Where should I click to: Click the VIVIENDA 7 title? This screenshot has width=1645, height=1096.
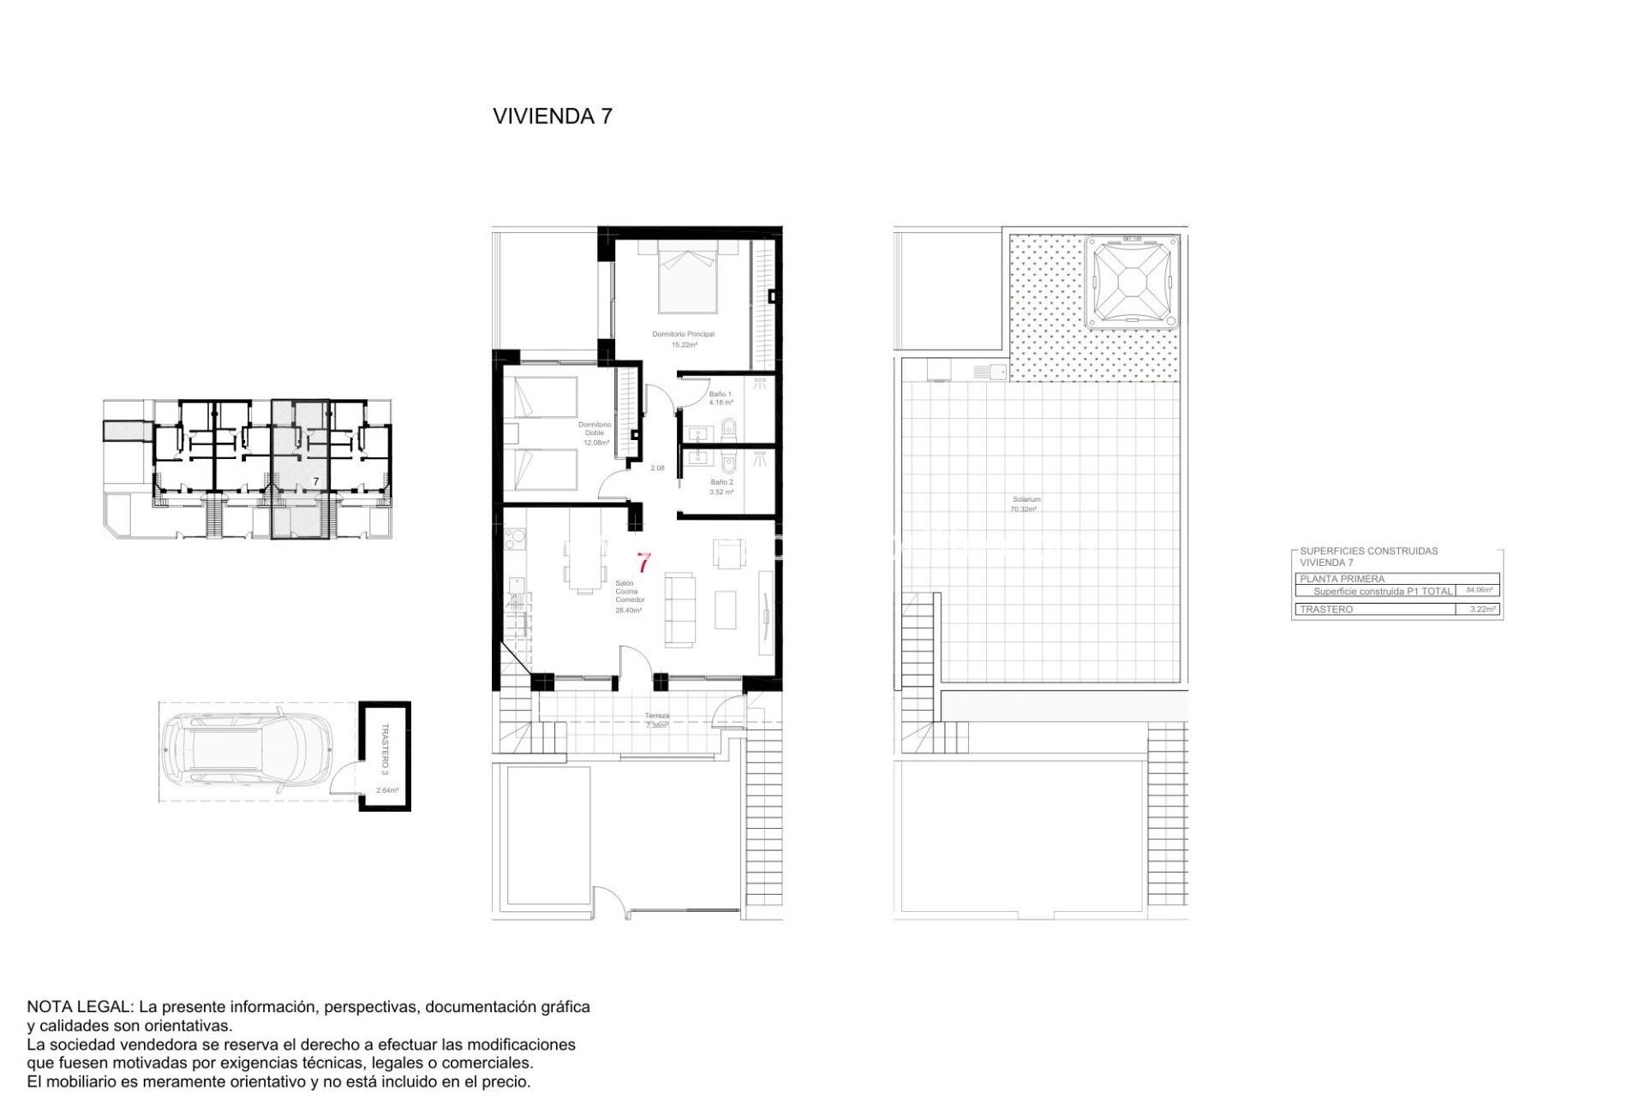(553, 116)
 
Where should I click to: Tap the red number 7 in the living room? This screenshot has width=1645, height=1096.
(643, 563)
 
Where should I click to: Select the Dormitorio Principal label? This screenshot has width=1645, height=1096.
(683, 335)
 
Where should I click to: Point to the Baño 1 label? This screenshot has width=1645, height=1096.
(720, 395)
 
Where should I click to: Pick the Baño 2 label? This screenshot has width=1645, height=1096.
(721, 483)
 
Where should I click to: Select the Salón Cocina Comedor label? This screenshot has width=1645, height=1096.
(629, 592)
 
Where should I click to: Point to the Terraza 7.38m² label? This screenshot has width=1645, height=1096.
(657, 720)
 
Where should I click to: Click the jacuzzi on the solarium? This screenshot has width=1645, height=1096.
(1131, 283)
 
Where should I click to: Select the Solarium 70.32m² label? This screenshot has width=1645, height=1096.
(1026, 504)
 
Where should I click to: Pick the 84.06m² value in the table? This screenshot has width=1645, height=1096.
(1479, 590)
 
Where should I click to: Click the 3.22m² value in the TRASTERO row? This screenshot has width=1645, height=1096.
(1482, 610)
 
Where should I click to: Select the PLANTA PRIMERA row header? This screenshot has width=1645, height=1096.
(1342, 579)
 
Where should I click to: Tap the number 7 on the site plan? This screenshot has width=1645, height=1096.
(316, 482)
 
